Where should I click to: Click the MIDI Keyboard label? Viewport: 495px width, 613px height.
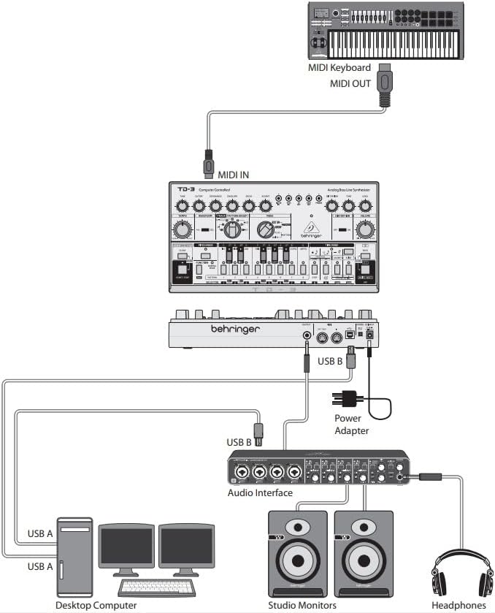pyautogui.click(x=355, y=68)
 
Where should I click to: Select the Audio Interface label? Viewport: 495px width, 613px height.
pyautogui.click(x=260, y=492)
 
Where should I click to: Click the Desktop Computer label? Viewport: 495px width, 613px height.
pyautogui.click(x=96, y=605)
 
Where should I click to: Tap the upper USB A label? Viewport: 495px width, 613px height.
pyautogui.click(x=40, y=532)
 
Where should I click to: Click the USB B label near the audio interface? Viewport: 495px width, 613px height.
pyautogui.click(x=239, y=442)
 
